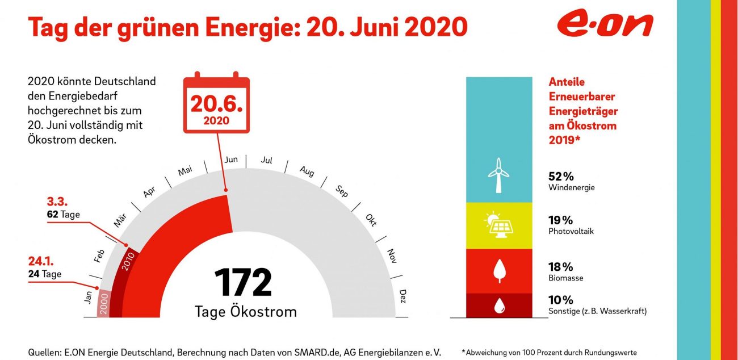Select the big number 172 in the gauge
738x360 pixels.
point(243,282)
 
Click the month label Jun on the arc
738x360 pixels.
point(231,160)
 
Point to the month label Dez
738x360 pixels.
point(402,296)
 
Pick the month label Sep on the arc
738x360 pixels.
point(341,190)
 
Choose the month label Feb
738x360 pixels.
point(99,256)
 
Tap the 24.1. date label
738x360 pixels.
point(41,262)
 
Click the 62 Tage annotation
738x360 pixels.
point(63,215)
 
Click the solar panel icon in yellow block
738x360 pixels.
point(498,225)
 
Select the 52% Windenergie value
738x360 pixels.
point(560,176)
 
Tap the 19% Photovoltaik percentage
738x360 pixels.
point(560,220)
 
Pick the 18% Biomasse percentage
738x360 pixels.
point(560,267)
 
